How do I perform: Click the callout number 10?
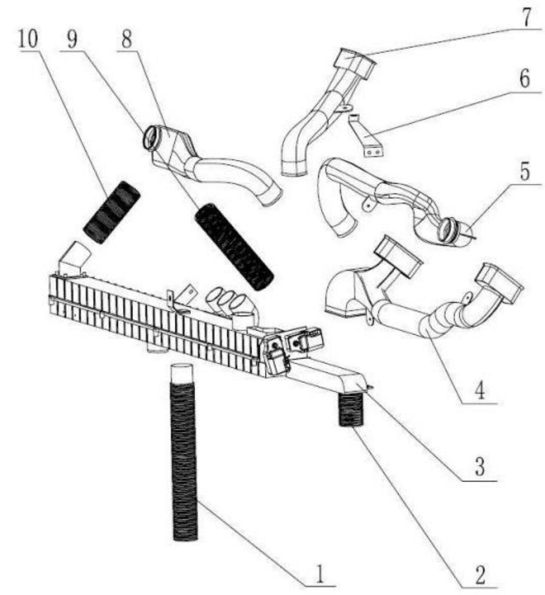(28, 39)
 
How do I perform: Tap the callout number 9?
(72, 39)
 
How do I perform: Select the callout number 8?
(127, 39)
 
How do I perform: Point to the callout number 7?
(526, 16)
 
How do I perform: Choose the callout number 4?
(480, 390)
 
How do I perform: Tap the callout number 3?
(480, 467)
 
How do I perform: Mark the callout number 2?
(480, 575)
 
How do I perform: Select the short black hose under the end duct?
(351, 410)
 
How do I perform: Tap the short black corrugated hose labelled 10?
(112, 213)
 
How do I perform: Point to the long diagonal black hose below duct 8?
(234, 247)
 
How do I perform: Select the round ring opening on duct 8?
(152, 138)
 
